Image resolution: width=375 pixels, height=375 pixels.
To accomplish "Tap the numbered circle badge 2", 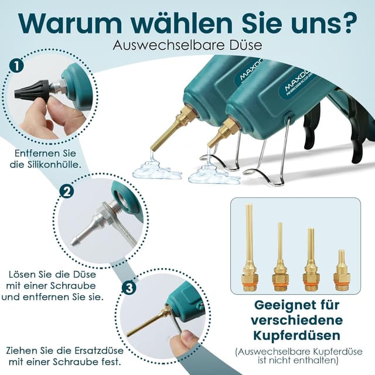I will pos(67,192).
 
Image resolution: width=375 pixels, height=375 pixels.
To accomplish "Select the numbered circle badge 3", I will pos(129,288).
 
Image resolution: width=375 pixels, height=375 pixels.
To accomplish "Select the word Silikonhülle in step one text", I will pos(61,165).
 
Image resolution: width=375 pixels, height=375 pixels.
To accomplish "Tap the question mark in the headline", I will pos(348,23).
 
